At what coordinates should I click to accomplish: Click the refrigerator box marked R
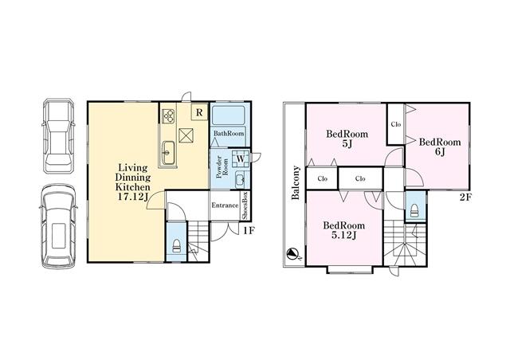tap(199, 112)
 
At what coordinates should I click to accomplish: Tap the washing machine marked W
tap(241, 158)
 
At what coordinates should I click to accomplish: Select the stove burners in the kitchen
tap(168, 115)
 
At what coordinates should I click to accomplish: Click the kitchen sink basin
tap(168, 153)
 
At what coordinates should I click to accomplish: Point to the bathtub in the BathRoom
tap(229, 115)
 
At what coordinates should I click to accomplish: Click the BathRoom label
tap(229, 133)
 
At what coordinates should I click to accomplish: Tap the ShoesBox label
tap(245, 205)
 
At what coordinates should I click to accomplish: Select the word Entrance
tap(225, 205)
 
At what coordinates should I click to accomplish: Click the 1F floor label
tap(249, 230)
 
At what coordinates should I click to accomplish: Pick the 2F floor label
tap(465, 197)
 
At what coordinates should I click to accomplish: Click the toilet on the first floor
tap(176, 246)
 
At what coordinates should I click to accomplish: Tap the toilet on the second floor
tap(414, 210)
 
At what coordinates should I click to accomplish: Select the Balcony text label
tap(296, 182)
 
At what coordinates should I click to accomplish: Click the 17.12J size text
tap(133, 197)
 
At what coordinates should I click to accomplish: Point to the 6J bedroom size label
tap(440, 151)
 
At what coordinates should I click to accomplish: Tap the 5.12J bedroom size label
tap(343, 235)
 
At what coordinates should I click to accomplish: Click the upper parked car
tap(58, 136)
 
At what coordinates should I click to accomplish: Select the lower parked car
tap(58, 226)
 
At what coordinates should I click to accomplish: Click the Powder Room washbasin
tap(240, 179)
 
